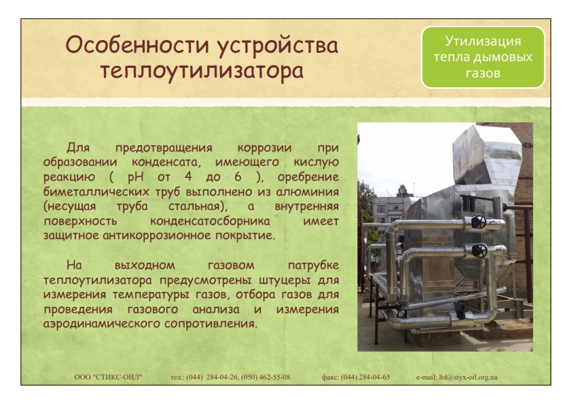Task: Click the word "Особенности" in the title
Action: [x=137, y=45]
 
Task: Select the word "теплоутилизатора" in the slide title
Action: [x=202, y=71]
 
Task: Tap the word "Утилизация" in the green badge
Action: [x=482, y=41]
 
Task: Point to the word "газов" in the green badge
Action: [x=482, y=73]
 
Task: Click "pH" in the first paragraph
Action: [x=135, y=177]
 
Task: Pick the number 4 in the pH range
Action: [x=188, y=177]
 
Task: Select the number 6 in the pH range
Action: [x=238, y=177]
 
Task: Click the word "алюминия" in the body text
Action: [x=308, y=191]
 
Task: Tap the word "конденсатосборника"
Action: [x=210, y=221]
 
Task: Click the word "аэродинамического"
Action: [x=102, y=324]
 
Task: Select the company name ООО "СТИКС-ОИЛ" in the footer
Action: [x=108, y=377]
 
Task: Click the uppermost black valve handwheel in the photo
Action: [x=479, y=221]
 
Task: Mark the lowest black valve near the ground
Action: [x=462, y=306]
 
